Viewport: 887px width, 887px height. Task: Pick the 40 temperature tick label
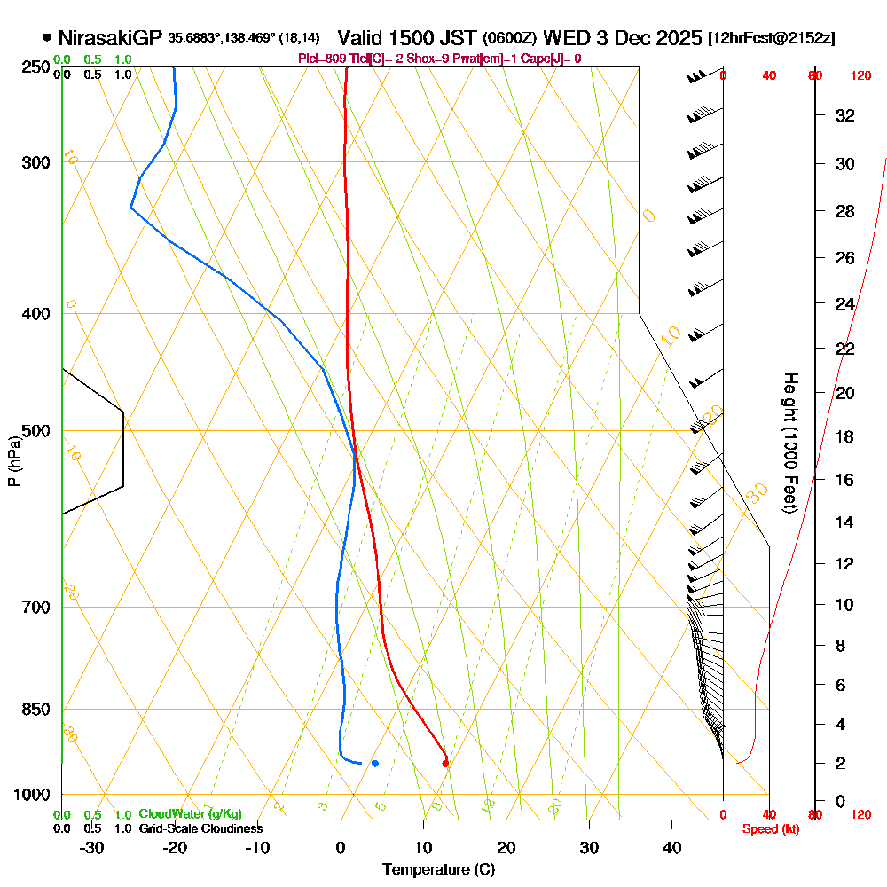click(x=671, y=847)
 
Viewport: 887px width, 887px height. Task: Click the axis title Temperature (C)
click(x=438, y=869)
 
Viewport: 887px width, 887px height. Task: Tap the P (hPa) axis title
click(x=13, y=461)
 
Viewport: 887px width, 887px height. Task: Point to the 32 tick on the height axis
click(x=844, y=115)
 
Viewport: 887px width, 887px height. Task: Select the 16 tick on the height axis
click(x=844, y=480)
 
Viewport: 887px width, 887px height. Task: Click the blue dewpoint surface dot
click(x=375, y=763)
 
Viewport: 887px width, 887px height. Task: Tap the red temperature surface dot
click(x=445, y=762)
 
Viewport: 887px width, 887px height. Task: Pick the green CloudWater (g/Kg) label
click(x=190, y=814)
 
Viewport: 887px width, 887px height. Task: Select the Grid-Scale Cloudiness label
click(x=200, y=828)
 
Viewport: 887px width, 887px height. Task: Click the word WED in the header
click(x=563, y=38)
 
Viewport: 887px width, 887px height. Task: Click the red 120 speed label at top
click(x=860, y=75)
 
